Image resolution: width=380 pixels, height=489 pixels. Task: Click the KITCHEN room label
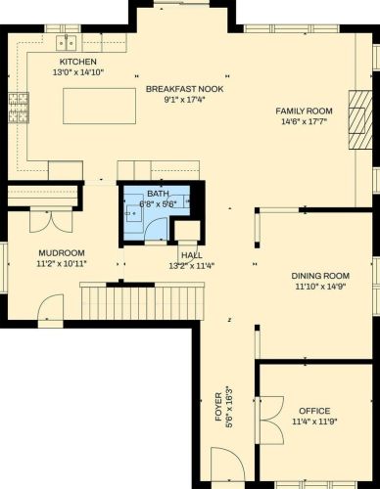click(77, 62)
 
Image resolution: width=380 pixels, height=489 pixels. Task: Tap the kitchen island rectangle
click(99, 106)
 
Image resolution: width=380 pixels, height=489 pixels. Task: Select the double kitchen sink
click(66, 43)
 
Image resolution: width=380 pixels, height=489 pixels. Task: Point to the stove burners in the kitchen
click(19, 108)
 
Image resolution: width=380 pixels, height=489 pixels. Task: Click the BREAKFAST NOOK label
click(184, 89)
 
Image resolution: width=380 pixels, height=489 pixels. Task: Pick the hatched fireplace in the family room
click(360, 119)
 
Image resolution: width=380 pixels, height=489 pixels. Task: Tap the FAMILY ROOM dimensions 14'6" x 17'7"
click(304, 122)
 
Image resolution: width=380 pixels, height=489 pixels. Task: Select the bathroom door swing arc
click(156, 230)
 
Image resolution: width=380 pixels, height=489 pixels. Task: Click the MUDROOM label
click(62, 253)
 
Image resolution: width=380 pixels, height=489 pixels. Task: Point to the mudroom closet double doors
click(51, 222)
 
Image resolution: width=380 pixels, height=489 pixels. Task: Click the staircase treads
click(142, 301)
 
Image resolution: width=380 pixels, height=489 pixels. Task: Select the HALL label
click(192, 255)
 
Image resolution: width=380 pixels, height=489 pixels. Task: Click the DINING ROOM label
click(320, 276)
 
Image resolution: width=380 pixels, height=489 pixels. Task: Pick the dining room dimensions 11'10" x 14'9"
click(320, 287)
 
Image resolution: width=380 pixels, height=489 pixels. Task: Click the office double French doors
click(269, 421)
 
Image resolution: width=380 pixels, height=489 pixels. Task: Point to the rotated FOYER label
click(218, 407)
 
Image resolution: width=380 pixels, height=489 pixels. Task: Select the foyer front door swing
click(227, 465)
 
